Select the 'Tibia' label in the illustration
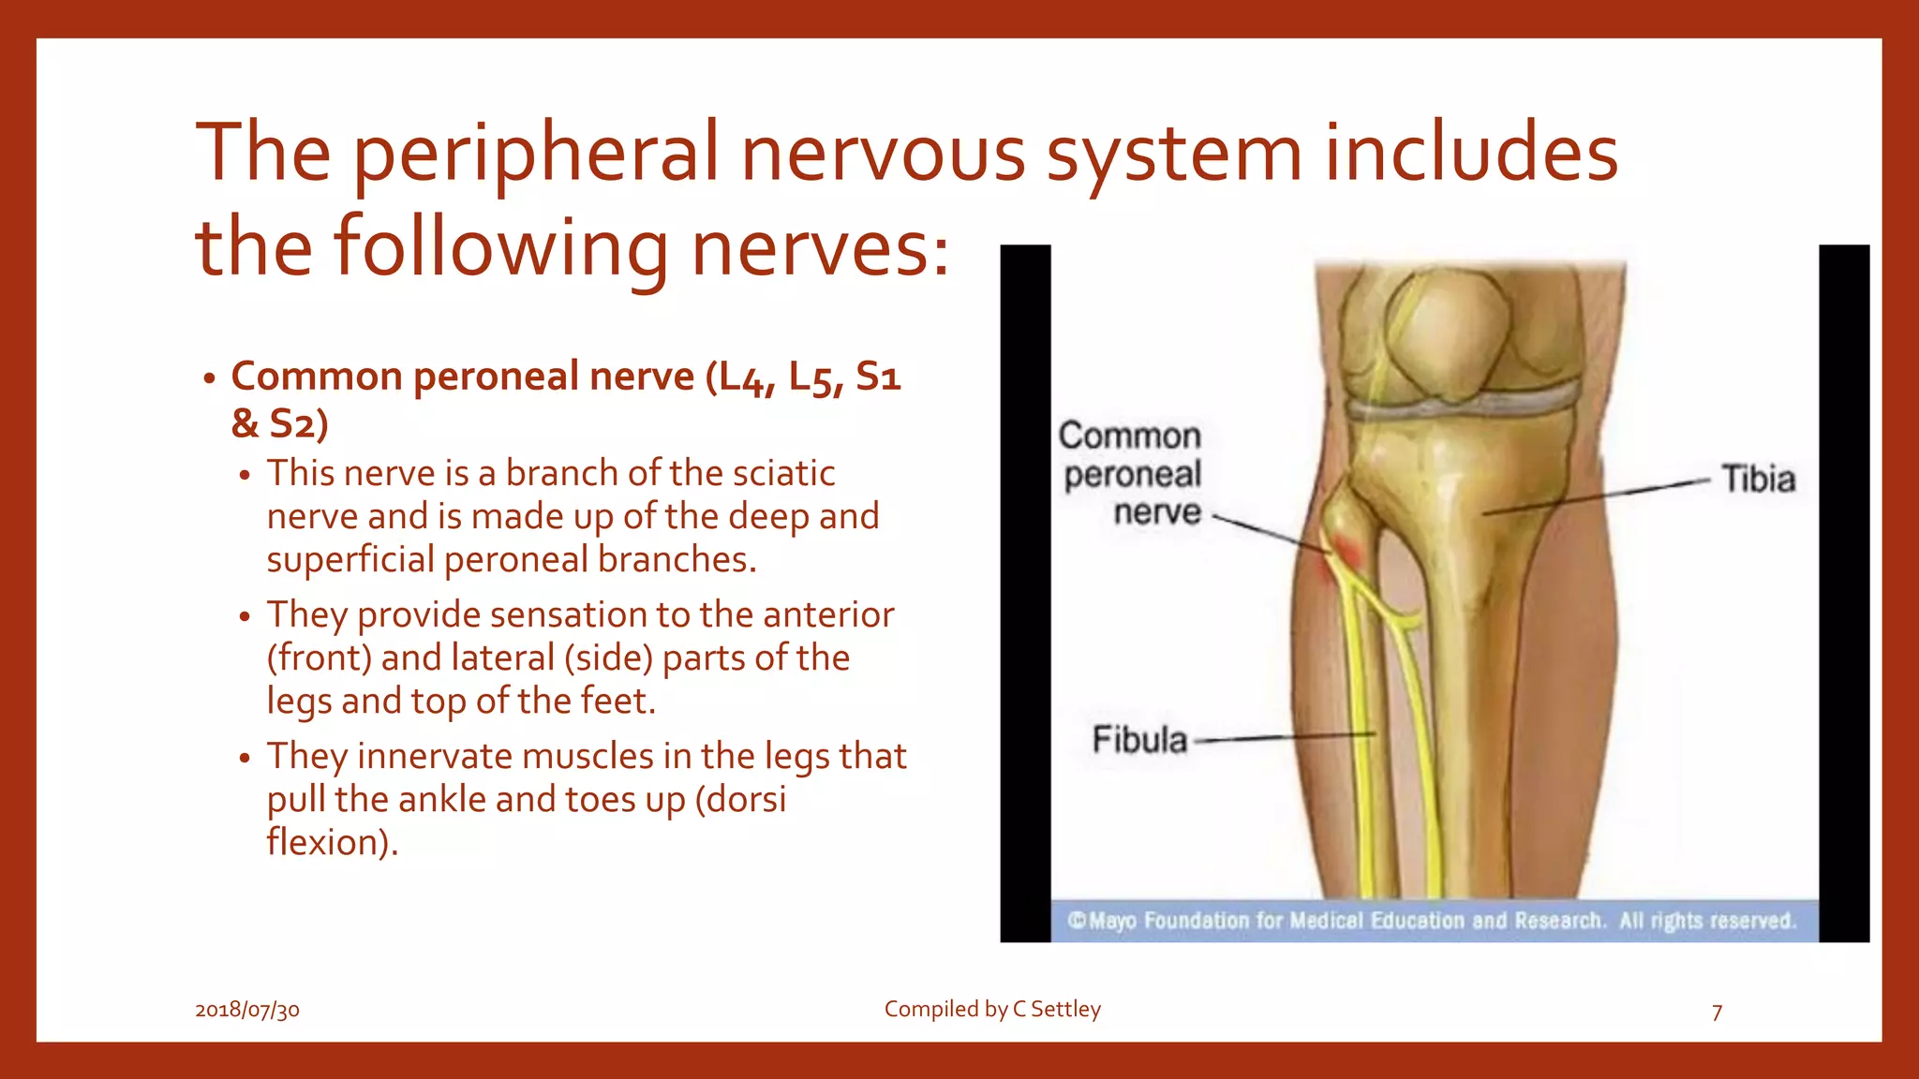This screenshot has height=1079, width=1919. coord(1758,480)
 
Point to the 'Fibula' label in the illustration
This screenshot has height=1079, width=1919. coord(1139,740)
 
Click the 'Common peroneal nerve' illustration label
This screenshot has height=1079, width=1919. coord(1131,474)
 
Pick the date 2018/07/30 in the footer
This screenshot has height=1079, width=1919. coord(247,1010)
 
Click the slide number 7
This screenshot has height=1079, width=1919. coord(1717,1012)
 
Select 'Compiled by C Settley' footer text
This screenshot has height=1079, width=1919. coord(992,1009)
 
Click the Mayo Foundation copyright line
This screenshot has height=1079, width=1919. coord(1432,921)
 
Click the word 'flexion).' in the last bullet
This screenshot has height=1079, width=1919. coord(333,842)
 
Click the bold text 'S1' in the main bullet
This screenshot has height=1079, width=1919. coord(878,377)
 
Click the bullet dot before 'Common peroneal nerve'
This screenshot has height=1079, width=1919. coord(210,379)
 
